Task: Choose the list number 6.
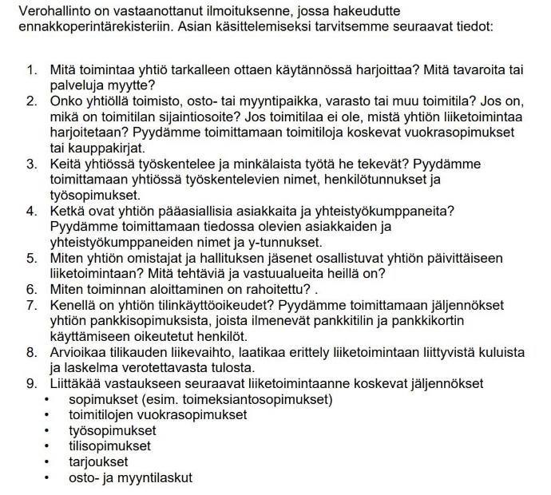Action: pos(32,288)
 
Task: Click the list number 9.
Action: pos(32,383)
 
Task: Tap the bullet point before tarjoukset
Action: pos(50,461)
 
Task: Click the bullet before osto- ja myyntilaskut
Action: pos(50,477)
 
